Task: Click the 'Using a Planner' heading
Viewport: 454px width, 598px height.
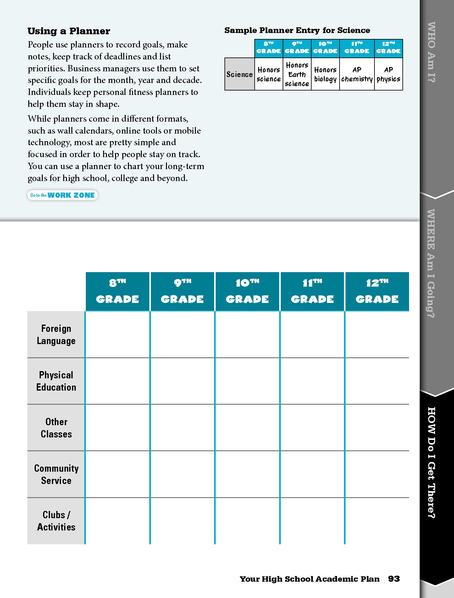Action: click(x=69, y=31)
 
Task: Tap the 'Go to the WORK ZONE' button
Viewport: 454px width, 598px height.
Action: click(x=63, y=195)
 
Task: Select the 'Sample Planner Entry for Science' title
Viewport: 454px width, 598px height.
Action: click(x=297, y=30)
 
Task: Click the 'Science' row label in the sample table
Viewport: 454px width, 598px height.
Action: click(x=240, y=74)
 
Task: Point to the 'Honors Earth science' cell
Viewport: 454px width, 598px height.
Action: click(x=297, y=74)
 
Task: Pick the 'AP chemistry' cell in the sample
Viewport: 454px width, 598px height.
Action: click(x=357, y=74)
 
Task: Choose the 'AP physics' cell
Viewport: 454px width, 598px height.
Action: click(x=389, y=74)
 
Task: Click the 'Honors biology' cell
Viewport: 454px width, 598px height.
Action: click(x=325, y=74)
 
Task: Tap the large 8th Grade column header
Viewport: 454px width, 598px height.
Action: click(x=118, y=291)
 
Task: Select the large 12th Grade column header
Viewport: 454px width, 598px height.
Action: click(x=377, y=291)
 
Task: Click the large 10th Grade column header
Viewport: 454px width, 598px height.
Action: click(x=247, y=291)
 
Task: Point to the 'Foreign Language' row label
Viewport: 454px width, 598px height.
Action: click(x=56, y=335)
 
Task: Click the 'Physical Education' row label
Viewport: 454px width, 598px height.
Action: click(x=56, y=381)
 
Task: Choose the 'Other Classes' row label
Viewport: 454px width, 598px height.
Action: click(x=56, y=428)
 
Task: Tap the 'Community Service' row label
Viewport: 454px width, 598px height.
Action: click(x=56, y=474)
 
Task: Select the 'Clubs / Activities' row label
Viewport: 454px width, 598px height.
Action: click(x=56, y=521)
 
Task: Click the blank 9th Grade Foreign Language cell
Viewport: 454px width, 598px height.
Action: click(x=182, y=335)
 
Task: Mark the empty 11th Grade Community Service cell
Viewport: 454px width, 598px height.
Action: click(x=312, y=474)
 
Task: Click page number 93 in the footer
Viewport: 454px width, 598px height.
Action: click(x=394, y=579)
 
